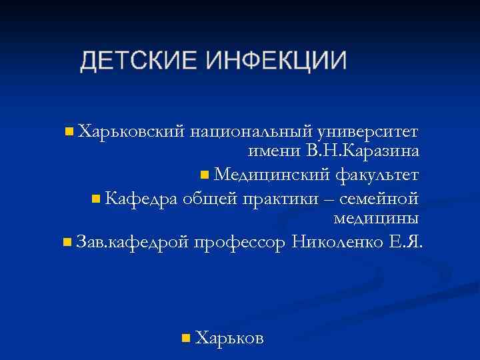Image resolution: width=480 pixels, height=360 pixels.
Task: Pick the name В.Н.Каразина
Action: click(363, 151)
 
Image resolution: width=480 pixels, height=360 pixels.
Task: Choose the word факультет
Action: click(377, 175)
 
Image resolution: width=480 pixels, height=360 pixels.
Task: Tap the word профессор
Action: click(241, 241)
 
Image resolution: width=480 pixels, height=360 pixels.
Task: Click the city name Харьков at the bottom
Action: click(231, 338)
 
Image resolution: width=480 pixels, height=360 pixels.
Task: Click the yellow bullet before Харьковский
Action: click(69, 130)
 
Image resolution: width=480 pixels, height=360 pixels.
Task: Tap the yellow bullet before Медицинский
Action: click(205, 175)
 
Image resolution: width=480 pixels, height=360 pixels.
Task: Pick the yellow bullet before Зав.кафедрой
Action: click(67, 241)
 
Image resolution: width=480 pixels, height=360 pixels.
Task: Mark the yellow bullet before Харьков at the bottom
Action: click(186, 339)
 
